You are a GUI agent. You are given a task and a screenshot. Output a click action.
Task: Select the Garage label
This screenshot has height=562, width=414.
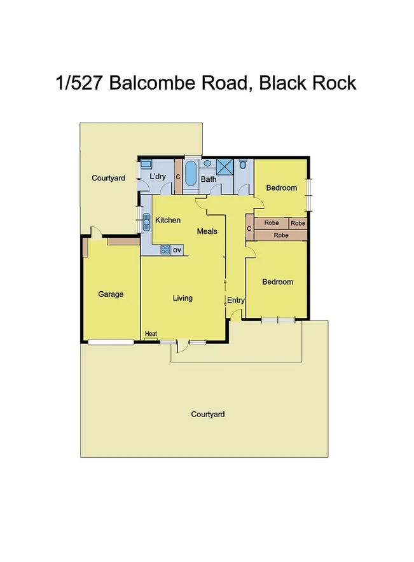[x=111, y=294]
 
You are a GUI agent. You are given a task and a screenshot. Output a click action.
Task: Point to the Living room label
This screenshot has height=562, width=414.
[x=183, y=298]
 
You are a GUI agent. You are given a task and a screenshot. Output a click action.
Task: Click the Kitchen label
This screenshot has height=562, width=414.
[x=168, y=220]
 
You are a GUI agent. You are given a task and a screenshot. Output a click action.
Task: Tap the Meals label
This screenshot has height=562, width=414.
[x=207, y=231]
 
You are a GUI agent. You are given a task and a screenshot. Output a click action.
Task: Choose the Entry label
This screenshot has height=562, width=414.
[x=235, y=301]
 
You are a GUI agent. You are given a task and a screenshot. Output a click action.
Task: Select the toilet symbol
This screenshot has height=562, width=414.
[x=243, y=164]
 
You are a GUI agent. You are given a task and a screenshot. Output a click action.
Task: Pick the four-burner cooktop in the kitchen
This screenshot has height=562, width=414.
[x=165, y=250]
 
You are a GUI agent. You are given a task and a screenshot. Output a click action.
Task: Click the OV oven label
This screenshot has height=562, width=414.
[x=177, y=250]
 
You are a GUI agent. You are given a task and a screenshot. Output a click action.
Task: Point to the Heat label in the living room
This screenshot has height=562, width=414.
[x=151, y=334]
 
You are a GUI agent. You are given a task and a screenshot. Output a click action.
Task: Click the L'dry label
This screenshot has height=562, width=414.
[x=158, y=177]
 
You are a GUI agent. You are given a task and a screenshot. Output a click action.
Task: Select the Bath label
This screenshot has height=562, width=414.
[x=209, y=179]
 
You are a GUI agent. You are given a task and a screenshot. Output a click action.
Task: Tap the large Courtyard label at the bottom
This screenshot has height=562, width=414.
[x=208, y=415]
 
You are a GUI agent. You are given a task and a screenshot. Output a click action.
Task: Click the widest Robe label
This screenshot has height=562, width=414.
[x=280, y=235]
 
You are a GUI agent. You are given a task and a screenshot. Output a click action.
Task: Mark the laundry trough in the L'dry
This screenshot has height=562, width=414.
[x=146, y=163]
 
